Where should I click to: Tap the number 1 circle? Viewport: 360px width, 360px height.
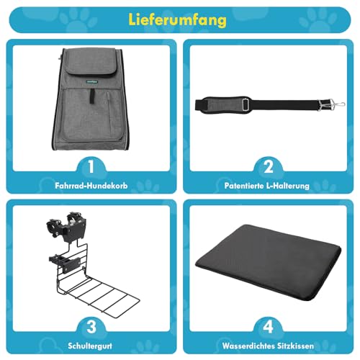click(x=90, y=168)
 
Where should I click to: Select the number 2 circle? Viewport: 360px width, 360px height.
click(x=268, y=168)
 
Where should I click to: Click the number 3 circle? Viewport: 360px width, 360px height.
click(x=90, y=325)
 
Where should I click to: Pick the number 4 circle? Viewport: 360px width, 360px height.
click(x=268, y=325)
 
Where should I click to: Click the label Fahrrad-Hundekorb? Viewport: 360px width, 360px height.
click(x=90, y=185)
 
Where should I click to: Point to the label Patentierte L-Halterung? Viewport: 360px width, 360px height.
click(x=268, y=185)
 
